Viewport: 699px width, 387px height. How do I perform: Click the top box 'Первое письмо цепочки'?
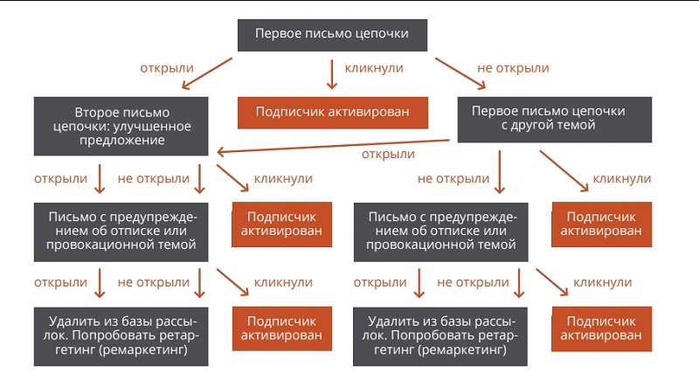[x=332, y=35]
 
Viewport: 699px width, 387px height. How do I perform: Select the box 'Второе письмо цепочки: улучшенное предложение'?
[x=121, y=126]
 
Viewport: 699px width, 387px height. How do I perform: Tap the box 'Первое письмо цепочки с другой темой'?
[x=555, y=120]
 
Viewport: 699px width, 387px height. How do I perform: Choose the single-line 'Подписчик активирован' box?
[x=333, y=113]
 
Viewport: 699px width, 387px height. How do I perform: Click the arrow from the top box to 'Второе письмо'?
[x=207, y=73]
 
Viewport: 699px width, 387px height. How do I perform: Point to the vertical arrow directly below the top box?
[x=332, y=74]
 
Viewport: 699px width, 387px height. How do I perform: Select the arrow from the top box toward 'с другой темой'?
[x=460, y=73]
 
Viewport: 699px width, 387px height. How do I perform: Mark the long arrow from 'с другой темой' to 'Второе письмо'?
[x=333, y=146]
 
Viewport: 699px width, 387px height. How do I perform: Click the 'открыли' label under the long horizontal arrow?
[x=388, y=155]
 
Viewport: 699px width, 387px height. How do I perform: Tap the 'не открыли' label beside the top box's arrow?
[x=513, y=68]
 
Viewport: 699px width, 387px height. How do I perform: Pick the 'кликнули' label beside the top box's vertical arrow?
[x=374, y=68]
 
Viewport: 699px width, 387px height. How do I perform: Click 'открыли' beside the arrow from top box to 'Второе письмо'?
[x=167, y=68]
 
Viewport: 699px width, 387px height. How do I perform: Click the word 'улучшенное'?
[x=152, y=126]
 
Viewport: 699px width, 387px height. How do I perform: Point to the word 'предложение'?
[x=121, y=141]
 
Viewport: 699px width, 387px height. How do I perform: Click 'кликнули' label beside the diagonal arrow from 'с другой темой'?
[x=622, y=179]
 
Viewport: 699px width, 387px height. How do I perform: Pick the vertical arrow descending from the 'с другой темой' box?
[x=499, y=171]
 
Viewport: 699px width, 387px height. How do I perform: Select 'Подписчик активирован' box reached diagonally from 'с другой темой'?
[x=602, y=225]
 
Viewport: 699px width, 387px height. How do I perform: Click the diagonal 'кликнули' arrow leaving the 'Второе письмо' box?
[x=232, y=178]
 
